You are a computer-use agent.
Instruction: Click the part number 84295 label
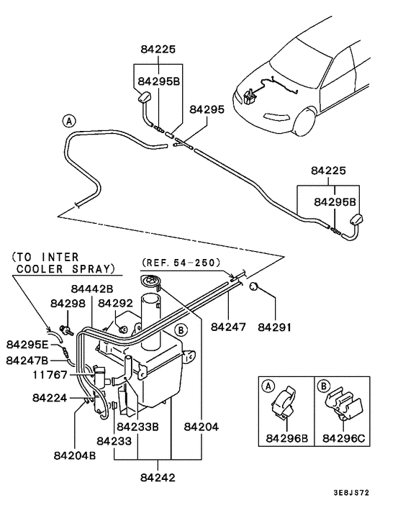pyautogui.click(x=207, y=110)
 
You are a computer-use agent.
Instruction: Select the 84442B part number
pyautogui.click(x=93, y=289)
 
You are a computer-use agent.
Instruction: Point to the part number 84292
pyautogui.click(x=117, y=304)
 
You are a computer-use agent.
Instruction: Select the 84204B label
pyautogui.click(x=76, y=454)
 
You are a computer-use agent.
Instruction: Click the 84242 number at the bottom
pyautogui.click(x=158, y=477)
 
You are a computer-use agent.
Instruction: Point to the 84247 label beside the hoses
pyautogui.click(x=229, y=327)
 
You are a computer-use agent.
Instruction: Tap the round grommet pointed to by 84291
pyautogui.click(x=253, y=288)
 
